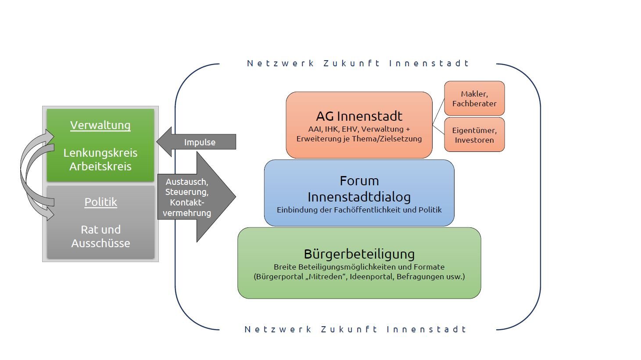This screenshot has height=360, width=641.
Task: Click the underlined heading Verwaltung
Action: [100, 125]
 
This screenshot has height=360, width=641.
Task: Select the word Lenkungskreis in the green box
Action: [100, 153]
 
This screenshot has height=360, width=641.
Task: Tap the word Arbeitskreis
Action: [100, 166]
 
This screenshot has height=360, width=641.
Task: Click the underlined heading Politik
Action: [101, 202]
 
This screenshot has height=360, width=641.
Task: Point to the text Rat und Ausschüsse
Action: [101, 236]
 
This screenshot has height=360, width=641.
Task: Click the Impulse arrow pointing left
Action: [196, 142]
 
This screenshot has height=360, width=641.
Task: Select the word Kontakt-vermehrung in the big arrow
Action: [187, 208]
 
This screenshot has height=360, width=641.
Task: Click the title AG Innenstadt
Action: [359, 116]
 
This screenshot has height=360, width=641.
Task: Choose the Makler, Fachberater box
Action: [474, 98]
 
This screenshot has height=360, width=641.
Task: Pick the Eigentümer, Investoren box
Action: [474, 135]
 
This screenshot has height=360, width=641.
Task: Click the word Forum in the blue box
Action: [359, 181]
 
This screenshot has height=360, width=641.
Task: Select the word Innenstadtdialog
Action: [359, 197]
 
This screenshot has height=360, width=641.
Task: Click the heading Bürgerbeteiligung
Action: [359, 254]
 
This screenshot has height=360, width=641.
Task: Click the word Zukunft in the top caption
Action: [351, 63]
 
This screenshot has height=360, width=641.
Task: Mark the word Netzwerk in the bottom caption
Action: [278, 329]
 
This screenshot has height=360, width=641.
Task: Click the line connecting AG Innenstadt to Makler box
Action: [438, 112]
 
